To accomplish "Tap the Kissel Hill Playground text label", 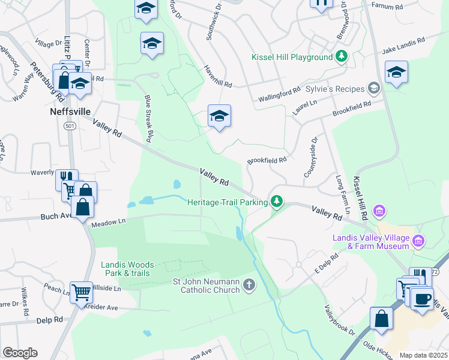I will [x=292, y=57].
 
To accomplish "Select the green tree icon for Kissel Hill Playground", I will [x=342, y=57].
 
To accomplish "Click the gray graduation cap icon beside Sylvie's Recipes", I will [x=374, y=89].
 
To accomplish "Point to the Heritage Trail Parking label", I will [x=227, y=202].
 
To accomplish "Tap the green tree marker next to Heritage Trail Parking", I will [x=276, y=202].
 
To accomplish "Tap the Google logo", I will [x=20, y=352].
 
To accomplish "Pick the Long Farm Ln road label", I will [x=342, y=188].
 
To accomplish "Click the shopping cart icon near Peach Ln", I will [x=81, y=292].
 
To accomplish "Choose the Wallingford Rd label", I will [x=279, y=93].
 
